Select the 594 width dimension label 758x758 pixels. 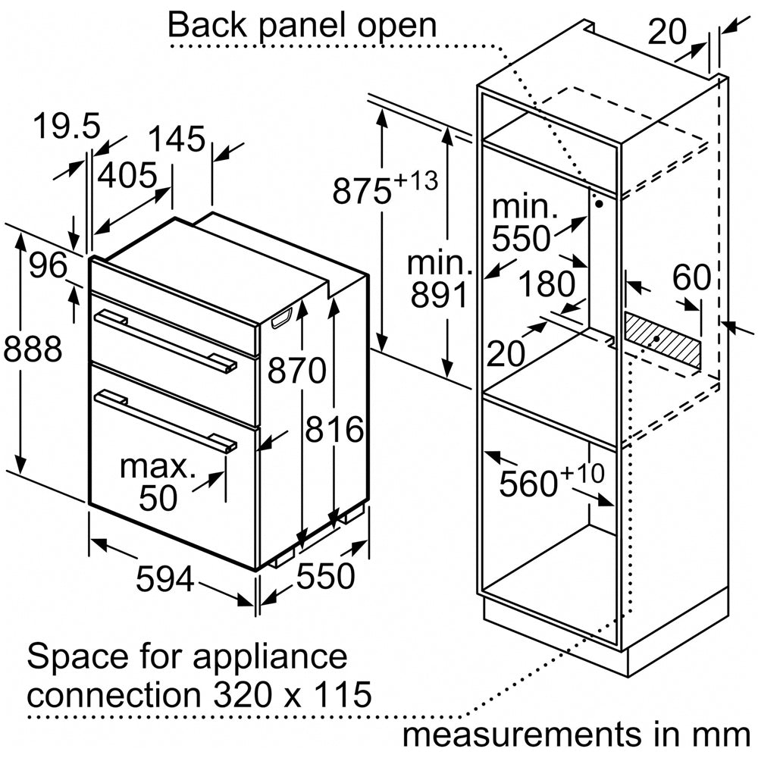pyautogui.click(x=165, y=580)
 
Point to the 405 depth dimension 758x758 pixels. pyautogui.click(x=127, y=175)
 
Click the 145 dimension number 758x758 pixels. pyautogui.click(x=176, y=139)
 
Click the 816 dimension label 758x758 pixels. pyautogui.click(x=334, y=430)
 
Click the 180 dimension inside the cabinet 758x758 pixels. pyautogui.click(x=545, y=284)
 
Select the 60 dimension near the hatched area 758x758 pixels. pyautogui.click(x=691, y=278)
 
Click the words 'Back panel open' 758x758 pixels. pyautogui.click(x=302, y=25)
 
